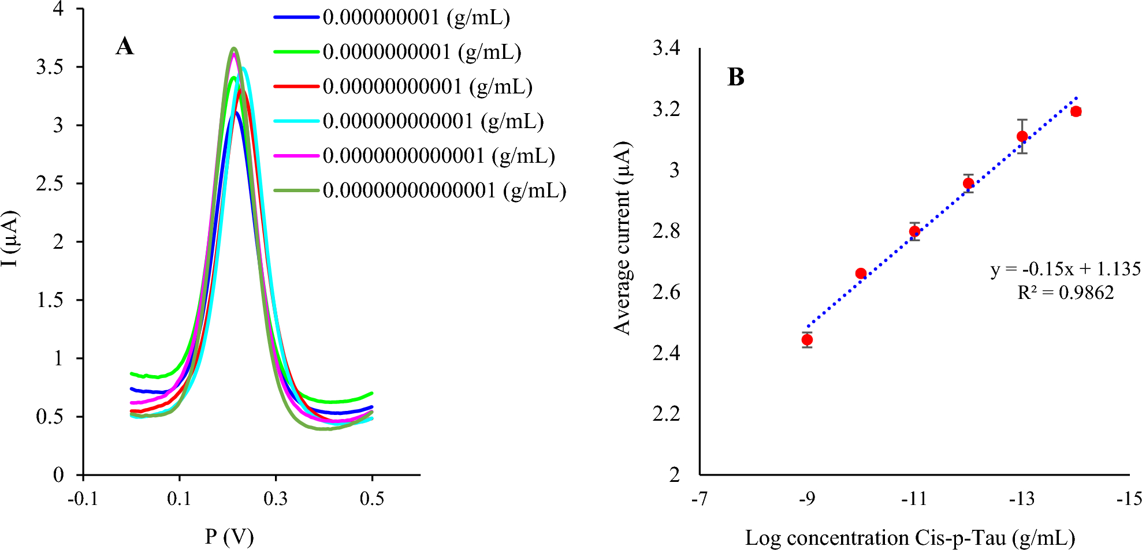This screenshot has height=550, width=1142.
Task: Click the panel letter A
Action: (125, 46)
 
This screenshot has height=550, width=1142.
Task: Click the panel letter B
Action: (735, 77)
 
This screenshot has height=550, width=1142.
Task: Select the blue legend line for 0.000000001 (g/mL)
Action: (296, 17)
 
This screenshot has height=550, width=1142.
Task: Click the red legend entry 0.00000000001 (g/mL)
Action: (427, 87)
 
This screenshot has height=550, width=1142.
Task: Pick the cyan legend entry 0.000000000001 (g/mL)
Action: (433, 121)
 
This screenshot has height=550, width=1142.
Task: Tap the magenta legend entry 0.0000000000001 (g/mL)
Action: (439, 156)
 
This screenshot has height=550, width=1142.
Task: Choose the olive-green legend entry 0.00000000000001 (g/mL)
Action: (445, 190)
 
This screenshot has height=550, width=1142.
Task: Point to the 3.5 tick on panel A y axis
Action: (50, 67)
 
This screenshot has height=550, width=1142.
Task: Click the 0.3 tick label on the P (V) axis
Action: (276, 498)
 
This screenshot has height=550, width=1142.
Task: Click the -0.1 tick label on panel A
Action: (83, 498)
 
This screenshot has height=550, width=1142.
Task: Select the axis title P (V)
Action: (229, 537)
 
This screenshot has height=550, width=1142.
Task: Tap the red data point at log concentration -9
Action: (807, 340)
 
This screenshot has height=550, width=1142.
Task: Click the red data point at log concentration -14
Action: (1076, 111)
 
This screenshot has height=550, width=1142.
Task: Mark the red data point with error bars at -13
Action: (1022, 137)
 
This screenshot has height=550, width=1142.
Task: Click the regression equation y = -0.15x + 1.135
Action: (1065, 269)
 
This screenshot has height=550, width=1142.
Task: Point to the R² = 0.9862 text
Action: (1065, 293)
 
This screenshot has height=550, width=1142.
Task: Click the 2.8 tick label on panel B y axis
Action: (666, 231)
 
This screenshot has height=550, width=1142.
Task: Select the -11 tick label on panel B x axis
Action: (914, 499)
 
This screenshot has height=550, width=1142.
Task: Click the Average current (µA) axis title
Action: (623, 238)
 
